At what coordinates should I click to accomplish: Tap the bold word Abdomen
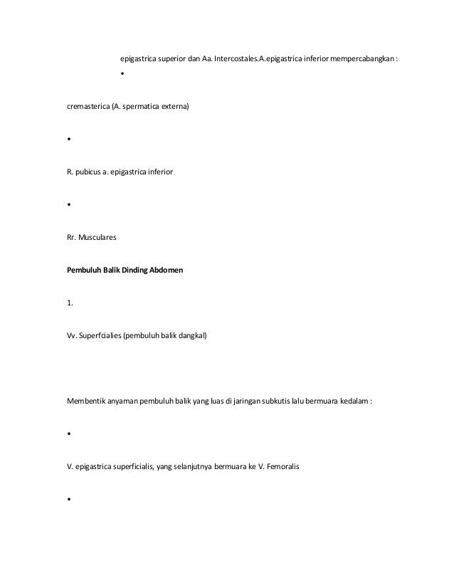(x=165, y=271)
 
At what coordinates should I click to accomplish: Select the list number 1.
(x=69, y=304)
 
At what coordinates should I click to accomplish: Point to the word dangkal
(x=189, y=337)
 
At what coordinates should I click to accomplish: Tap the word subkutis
(x=291, y=402)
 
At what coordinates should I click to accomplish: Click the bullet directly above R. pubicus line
(x=68, y=140)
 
